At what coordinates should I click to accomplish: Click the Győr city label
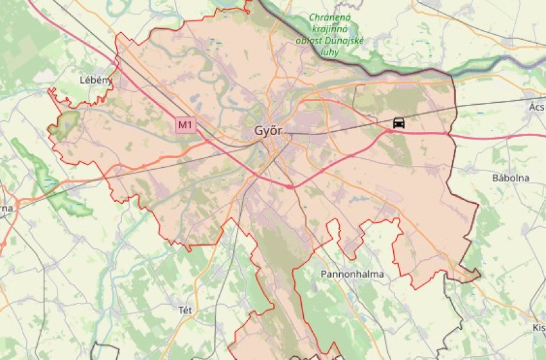click(268, 130)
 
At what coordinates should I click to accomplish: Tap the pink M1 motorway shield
click(186, 125)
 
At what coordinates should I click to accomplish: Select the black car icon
click(399, 122)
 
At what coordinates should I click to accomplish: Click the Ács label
click(537, 106)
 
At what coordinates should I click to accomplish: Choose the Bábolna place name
click(511, 177)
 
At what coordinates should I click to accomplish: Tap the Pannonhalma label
click(352, 274)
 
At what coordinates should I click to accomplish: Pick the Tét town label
click(185, 309)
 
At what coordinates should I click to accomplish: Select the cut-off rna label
click(6, 208)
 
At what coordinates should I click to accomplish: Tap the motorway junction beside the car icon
click(388, 131)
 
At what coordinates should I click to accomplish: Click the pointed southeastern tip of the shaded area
click(479, 276)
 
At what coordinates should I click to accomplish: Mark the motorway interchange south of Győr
click(291, 186)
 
